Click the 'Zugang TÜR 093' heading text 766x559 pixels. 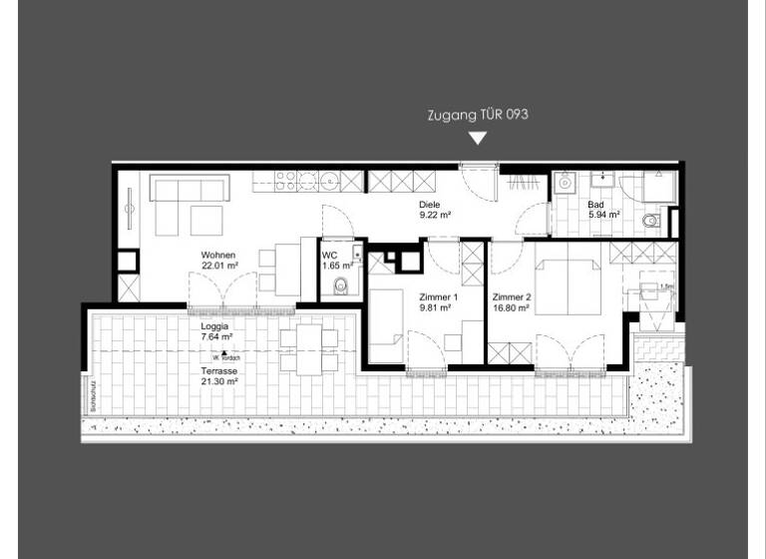477,115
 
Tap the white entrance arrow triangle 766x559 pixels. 478,138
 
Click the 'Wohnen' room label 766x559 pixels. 217,255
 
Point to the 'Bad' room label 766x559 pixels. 595,204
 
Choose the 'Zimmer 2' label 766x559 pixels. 513,297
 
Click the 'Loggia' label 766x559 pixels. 214,325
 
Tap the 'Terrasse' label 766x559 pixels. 218,369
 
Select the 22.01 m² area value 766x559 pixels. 219,267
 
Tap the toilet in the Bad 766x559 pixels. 651,221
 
